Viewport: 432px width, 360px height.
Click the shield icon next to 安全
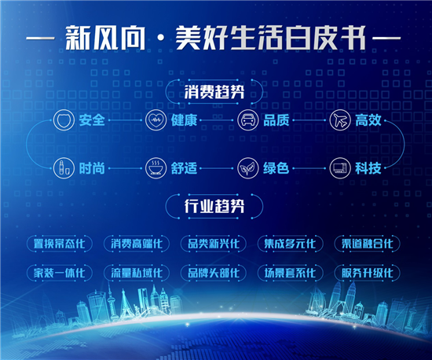(x=64, y=120)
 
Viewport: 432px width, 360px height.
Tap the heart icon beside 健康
(x=156, y=120)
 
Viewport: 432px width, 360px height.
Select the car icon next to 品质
(x=248, y=120)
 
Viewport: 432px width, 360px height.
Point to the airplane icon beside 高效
(x=340, y=120)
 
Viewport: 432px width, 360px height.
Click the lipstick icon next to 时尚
(x=64, y=168)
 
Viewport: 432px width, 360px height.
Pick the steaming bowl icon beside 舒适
(x=156, y=168)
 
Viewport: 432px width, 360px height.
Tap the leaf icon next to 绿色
(x=248, y=168)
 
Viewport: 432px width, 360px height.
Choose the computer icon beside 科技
(x=340, y=168)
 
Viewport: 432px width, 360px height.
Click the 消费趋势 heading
(x=214, y=91)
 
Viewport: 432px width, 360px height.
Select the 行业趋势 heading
(x=214, y=206)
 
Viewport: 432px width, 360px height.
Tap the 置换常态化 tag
(x=60, y=244)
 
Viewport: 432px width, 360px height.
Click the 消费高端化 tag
(x=137, y=244)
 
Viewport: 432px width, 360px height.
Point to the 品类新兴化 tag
(x=213, y=244)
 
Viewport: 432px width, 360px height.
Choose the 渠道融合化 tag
(x=367, y=244)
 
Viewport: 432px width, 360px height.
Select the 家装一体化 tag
(x=60, y=273)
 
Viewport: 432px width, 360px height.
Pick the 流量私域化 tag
(x=137, y=273)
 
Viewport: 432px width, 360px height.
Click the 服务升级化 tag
(x=367, y=273)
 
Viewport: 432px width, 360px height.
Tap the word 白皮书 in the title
(x=325, y=38)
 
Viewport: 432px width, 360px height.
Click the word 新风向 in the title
(x=105, y=38)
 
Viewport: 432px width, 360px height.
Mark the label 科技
(x=368, y=168)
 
